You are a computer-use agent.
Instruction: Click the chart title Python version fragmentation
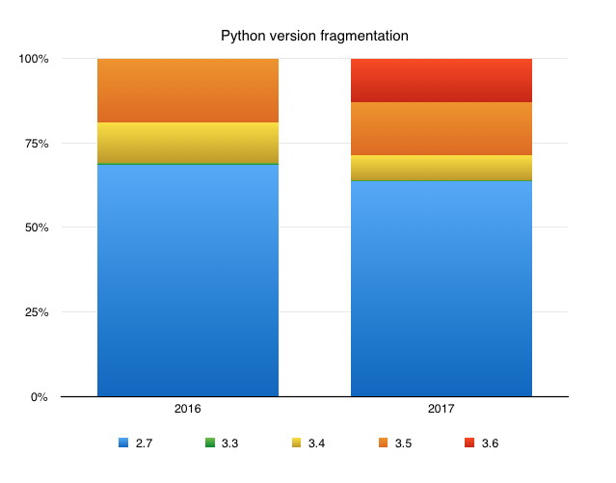pos(314,37)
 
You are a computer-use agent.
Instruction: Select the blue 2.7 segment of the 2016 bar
pos(188,280)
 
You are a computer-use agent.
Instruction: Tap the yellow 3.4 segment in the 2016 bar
pos(188,143)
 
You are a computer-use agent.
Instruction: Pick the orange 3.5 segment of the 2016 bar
pos(188,91)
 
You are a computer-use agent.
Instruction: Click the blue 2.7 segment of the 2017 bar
pos(441,288)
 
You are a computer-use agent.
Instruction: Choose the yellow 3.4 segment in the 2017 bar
pos(441,168)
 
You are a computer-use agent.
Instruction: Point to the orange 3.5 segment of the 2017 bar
pos(441,128)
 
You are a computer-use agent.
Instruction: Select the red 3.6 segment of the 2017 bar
pos(441,80)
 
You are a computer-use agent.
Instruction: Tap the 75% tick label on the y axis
pos(36,144)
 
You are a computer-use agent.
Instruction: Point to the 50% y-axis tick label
pos(36,228)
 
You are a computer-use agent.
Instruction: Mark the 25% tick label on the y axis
pos(36,312)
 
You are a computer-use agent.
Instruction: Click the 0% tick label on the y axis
pos(39,396)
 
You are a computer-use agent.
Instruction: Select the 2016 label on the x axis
pos(188,410)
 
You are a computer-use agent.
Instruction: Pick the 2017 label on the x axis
pos(441,410)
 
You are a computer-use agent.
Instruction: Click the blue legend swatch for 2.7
pos(122,443)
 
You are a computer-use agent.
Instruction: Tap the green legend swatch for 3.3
pos(208,443)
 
